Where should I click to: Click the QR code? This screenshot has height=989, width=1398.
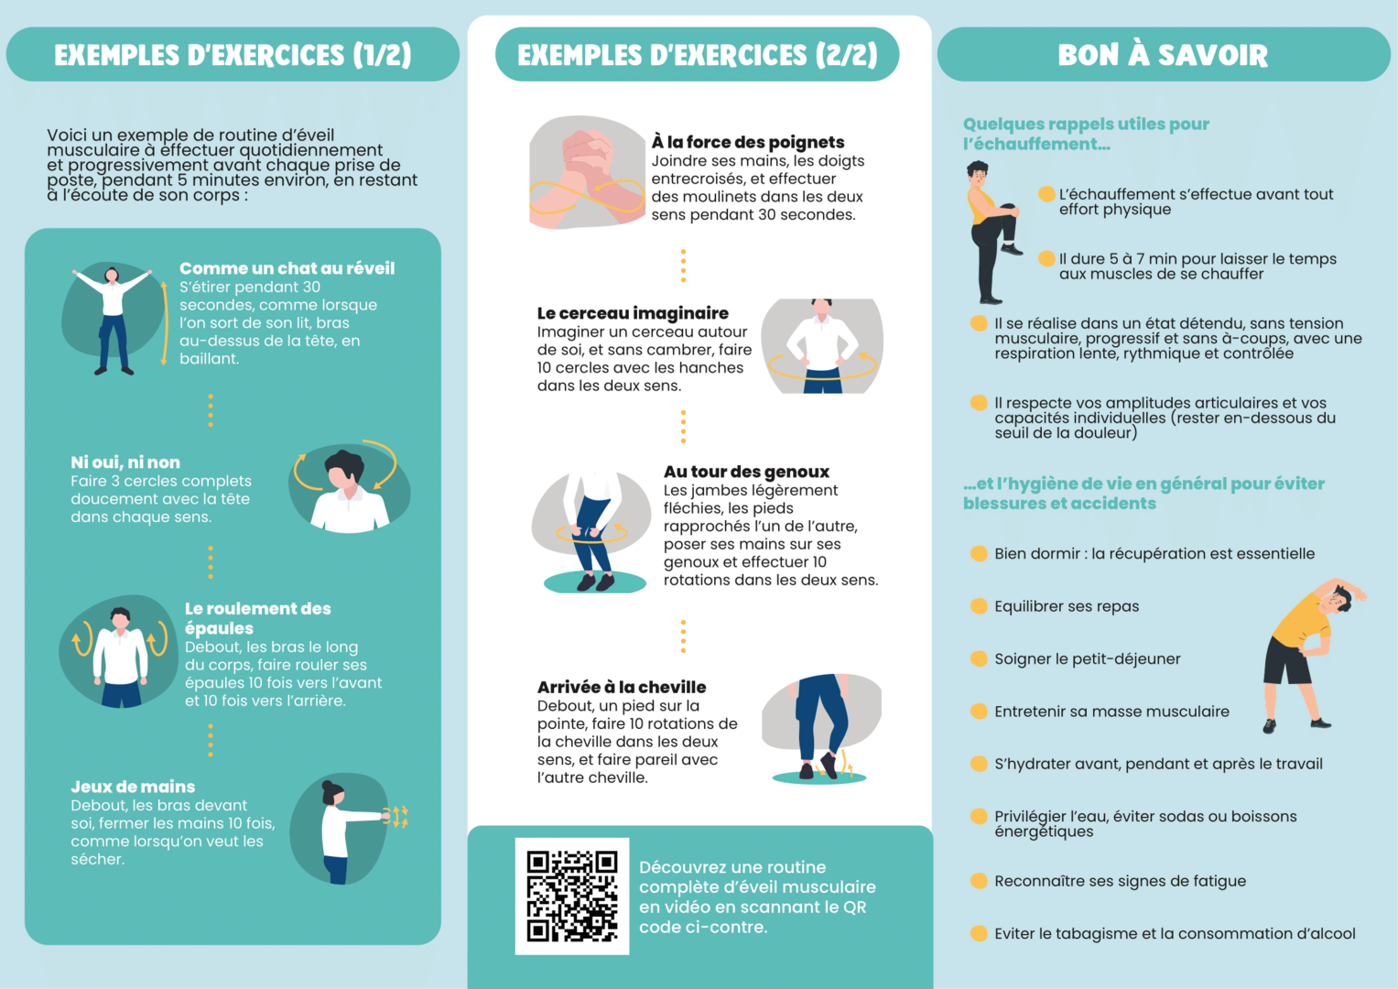click(572, 896)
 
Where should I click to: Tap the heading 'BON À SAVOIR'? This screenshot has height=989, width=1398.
click(1163, 55)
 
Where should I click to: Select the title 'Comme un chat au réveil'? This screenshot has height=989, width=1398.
click(287, 268)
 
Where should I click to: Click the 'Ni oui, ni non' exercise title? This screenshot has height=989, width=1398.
click(125, 462)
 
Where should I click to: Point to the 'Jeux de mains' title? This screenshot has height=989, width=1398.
click(133, 787)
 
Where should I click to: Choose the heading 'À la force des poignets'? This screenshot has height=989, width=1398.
click(747, 142)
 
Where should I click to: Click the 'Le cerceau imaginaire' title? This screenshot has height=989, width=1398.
click(633, 313)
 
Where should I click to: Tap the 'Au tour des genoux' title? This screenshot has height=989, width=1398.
click(746, 472)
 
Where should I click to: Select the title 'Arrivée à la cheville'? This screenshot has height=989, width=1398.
click(622, 687)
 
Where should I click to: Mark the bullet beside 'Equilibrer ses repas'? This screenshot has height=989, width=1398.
click(979, 606)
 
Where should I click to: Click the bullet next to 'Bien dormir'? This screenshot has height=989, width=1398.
click(979, 553)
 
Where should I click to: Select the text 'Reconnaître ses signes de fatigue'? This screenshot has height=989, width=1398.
click(1120, 881)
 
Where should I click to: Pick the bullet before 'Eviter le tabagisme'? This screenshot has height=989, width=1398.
click(979, 933)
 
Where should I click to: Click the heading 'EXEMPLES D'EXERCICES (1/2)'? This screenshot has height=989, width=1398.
click(233, 55)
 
